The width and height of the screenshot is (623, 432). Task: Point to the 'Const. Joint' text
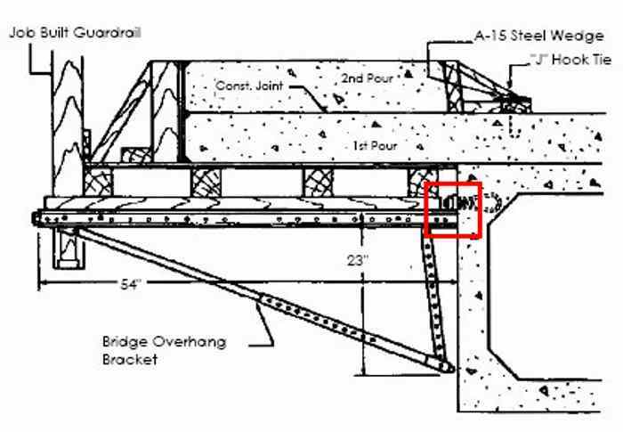coord(245,86)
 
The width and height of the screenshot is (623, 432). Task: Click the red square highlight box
coord(455,210)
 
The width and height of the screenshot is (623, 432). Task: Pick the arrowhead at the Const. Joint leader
coord(327,108)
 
